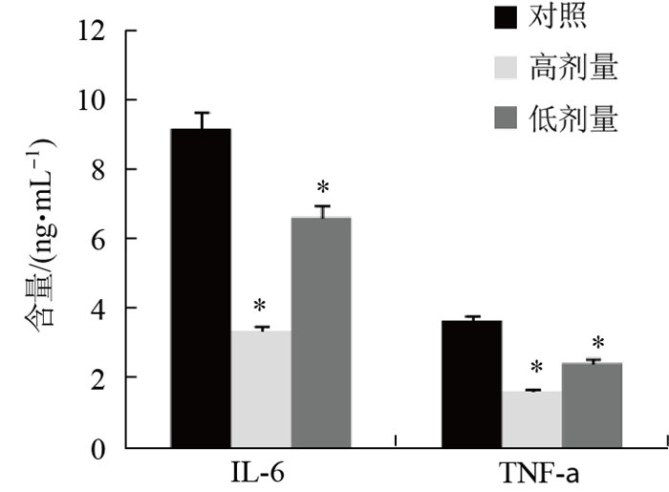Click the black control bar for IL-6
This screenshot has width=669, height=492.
click(x=200, y=287)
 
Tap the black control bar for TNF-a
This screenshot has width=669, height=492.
click(x=471, y=383)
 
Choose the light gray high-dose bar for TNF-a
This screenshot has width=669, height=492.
click(x=531, y=418)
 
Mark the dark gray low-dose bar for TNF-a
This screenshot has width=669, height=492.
click(x=593, y=404)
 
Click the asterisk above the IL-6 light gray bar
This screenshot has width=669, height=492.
click(x=260, y=308)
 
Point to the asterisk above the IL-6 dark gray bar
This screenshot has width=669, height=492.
click(x=323, y=188)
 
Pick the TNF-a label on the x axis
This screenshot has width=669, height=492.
click(x=531, y=471)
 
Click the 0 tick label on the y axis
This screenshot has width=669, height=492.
click(x=97, y=448)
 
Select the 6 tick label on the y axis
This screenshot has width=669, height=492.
click(x=97, y=239)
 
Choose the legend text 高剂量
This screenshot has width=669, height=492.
click(x=573, y=68)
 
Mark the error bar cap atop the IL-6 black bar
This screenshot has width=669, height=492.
click(x=201, y=113)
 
